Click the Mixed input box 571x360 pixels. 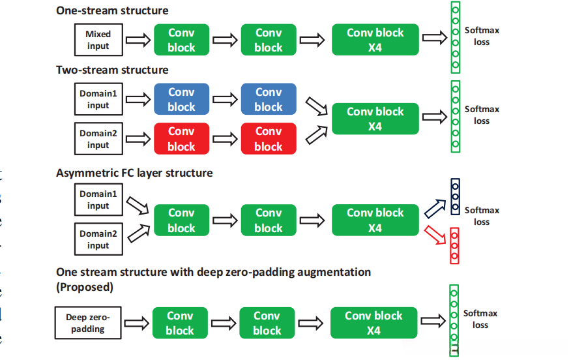(x=98, y=40)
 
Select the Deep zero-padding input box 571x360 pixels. (x=88, y=323)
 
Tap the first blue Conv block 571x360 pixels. (x=181, y=99)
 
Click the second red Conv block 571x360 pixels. (x=269, y=139)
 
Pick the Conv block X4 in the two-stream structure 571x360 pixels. (x=375, y=119)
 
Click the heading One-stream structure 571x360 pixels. (x=112, y=10)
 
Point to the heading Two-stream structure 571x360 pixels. (x=112, y=70)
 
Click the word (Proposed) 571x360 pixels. (x=84, y=287)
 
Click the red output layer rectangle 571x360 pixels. (x=456, y=245)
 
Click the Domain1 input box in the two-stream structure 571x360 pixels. (x=98, y=99)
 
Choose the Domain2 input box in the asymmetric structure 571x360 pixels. (x=98, y=239)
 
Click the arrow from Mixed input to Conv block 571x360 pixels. (x=137, y=40)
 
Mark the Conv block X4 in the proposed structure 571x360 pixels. (x=373, y=323)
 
